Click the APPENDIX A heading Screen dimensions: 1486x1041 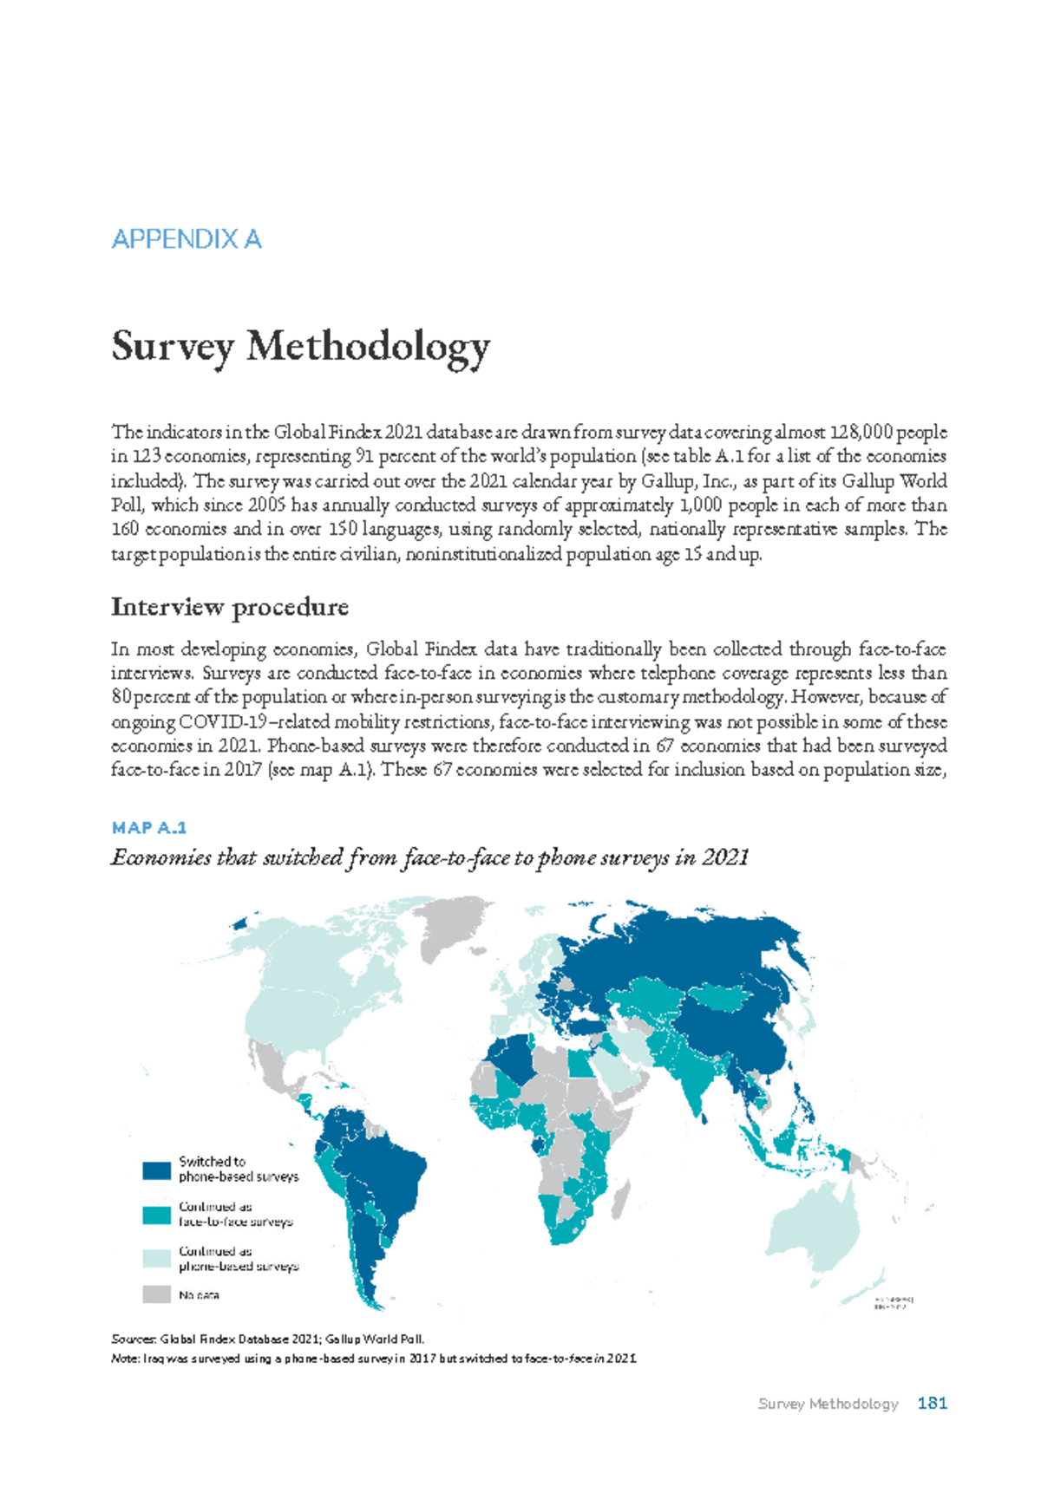[187, 239]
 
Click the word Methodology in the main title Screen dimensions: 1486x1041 [369, 347]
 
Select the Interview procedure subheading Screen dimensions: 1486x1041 [230, 607]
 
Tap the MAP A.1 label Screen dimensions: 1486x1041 [148, 828]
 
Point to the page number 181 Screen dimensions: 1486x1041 [932, 1404]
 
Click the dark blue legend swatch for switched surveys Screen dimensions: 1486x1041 [156, 1170]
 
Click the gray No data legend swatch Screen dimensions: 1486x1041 [156, 1294]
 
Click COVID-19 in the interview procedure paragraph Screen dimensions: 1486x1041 [218, 722]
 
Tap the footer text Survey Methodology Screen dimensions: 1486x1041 [828, 1404]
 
